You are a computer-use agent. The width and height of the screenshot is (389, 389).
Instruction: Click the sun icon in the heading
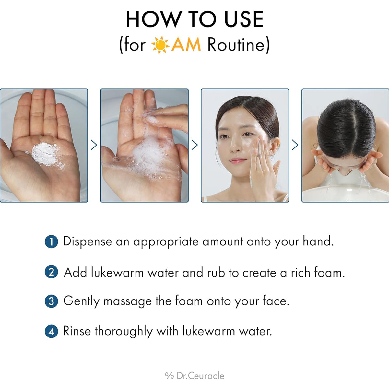tap(160, 45)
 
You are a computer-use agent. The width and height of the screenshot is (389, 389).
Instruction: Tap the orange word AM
tap(186, 45)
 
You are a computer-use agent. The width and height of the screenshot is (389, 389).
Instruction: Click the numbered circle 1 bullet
tap(51, 242)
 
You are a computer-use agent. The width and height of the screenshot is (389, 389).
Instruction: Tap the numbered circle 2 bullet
tap(51, 272)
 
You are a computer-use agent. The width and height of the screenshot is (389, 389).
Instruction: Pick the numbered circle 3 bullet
tap(51, 301)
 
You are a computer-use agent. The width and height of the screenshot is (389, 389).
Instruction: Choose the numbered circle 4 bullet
tap(51, 332)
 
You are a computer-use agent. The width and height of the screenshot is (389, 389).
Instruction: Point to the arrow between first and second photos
tap(94, 145)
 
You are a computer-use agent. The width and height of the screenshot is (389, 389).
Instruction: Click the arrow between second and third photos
tap(194, 145)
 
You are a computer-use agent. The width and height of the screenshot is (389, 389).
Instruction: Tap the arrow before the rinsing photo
tap(295, 145)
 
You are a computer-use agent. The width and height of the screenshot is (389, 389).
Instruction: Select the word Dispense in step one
tap(87, 242)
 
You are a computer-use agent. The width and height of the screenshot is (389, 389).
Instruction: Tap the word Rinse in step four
tap(77, 331)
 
